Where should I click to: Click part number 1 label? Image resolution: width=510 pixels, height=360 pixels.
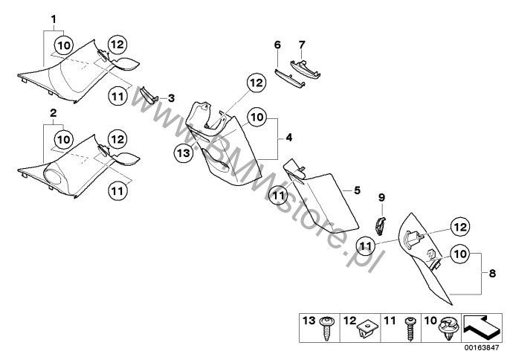(54, 16)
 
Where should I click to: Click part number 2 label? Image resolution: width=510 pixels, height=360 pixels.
(54, 112)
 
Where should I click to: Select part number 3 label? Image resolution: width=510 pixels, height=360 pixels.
(171, 97)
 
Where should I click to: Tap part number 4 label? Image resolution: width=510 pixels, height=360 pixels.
(289, 138)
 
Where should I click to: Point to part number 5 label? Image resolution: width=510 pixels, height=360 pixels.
(356, 190)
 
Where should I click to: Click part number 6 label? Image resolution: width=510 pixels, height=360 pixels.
(277, 45)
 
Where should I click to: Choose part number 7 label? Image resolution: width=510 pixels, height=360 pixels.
(301, 45)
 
